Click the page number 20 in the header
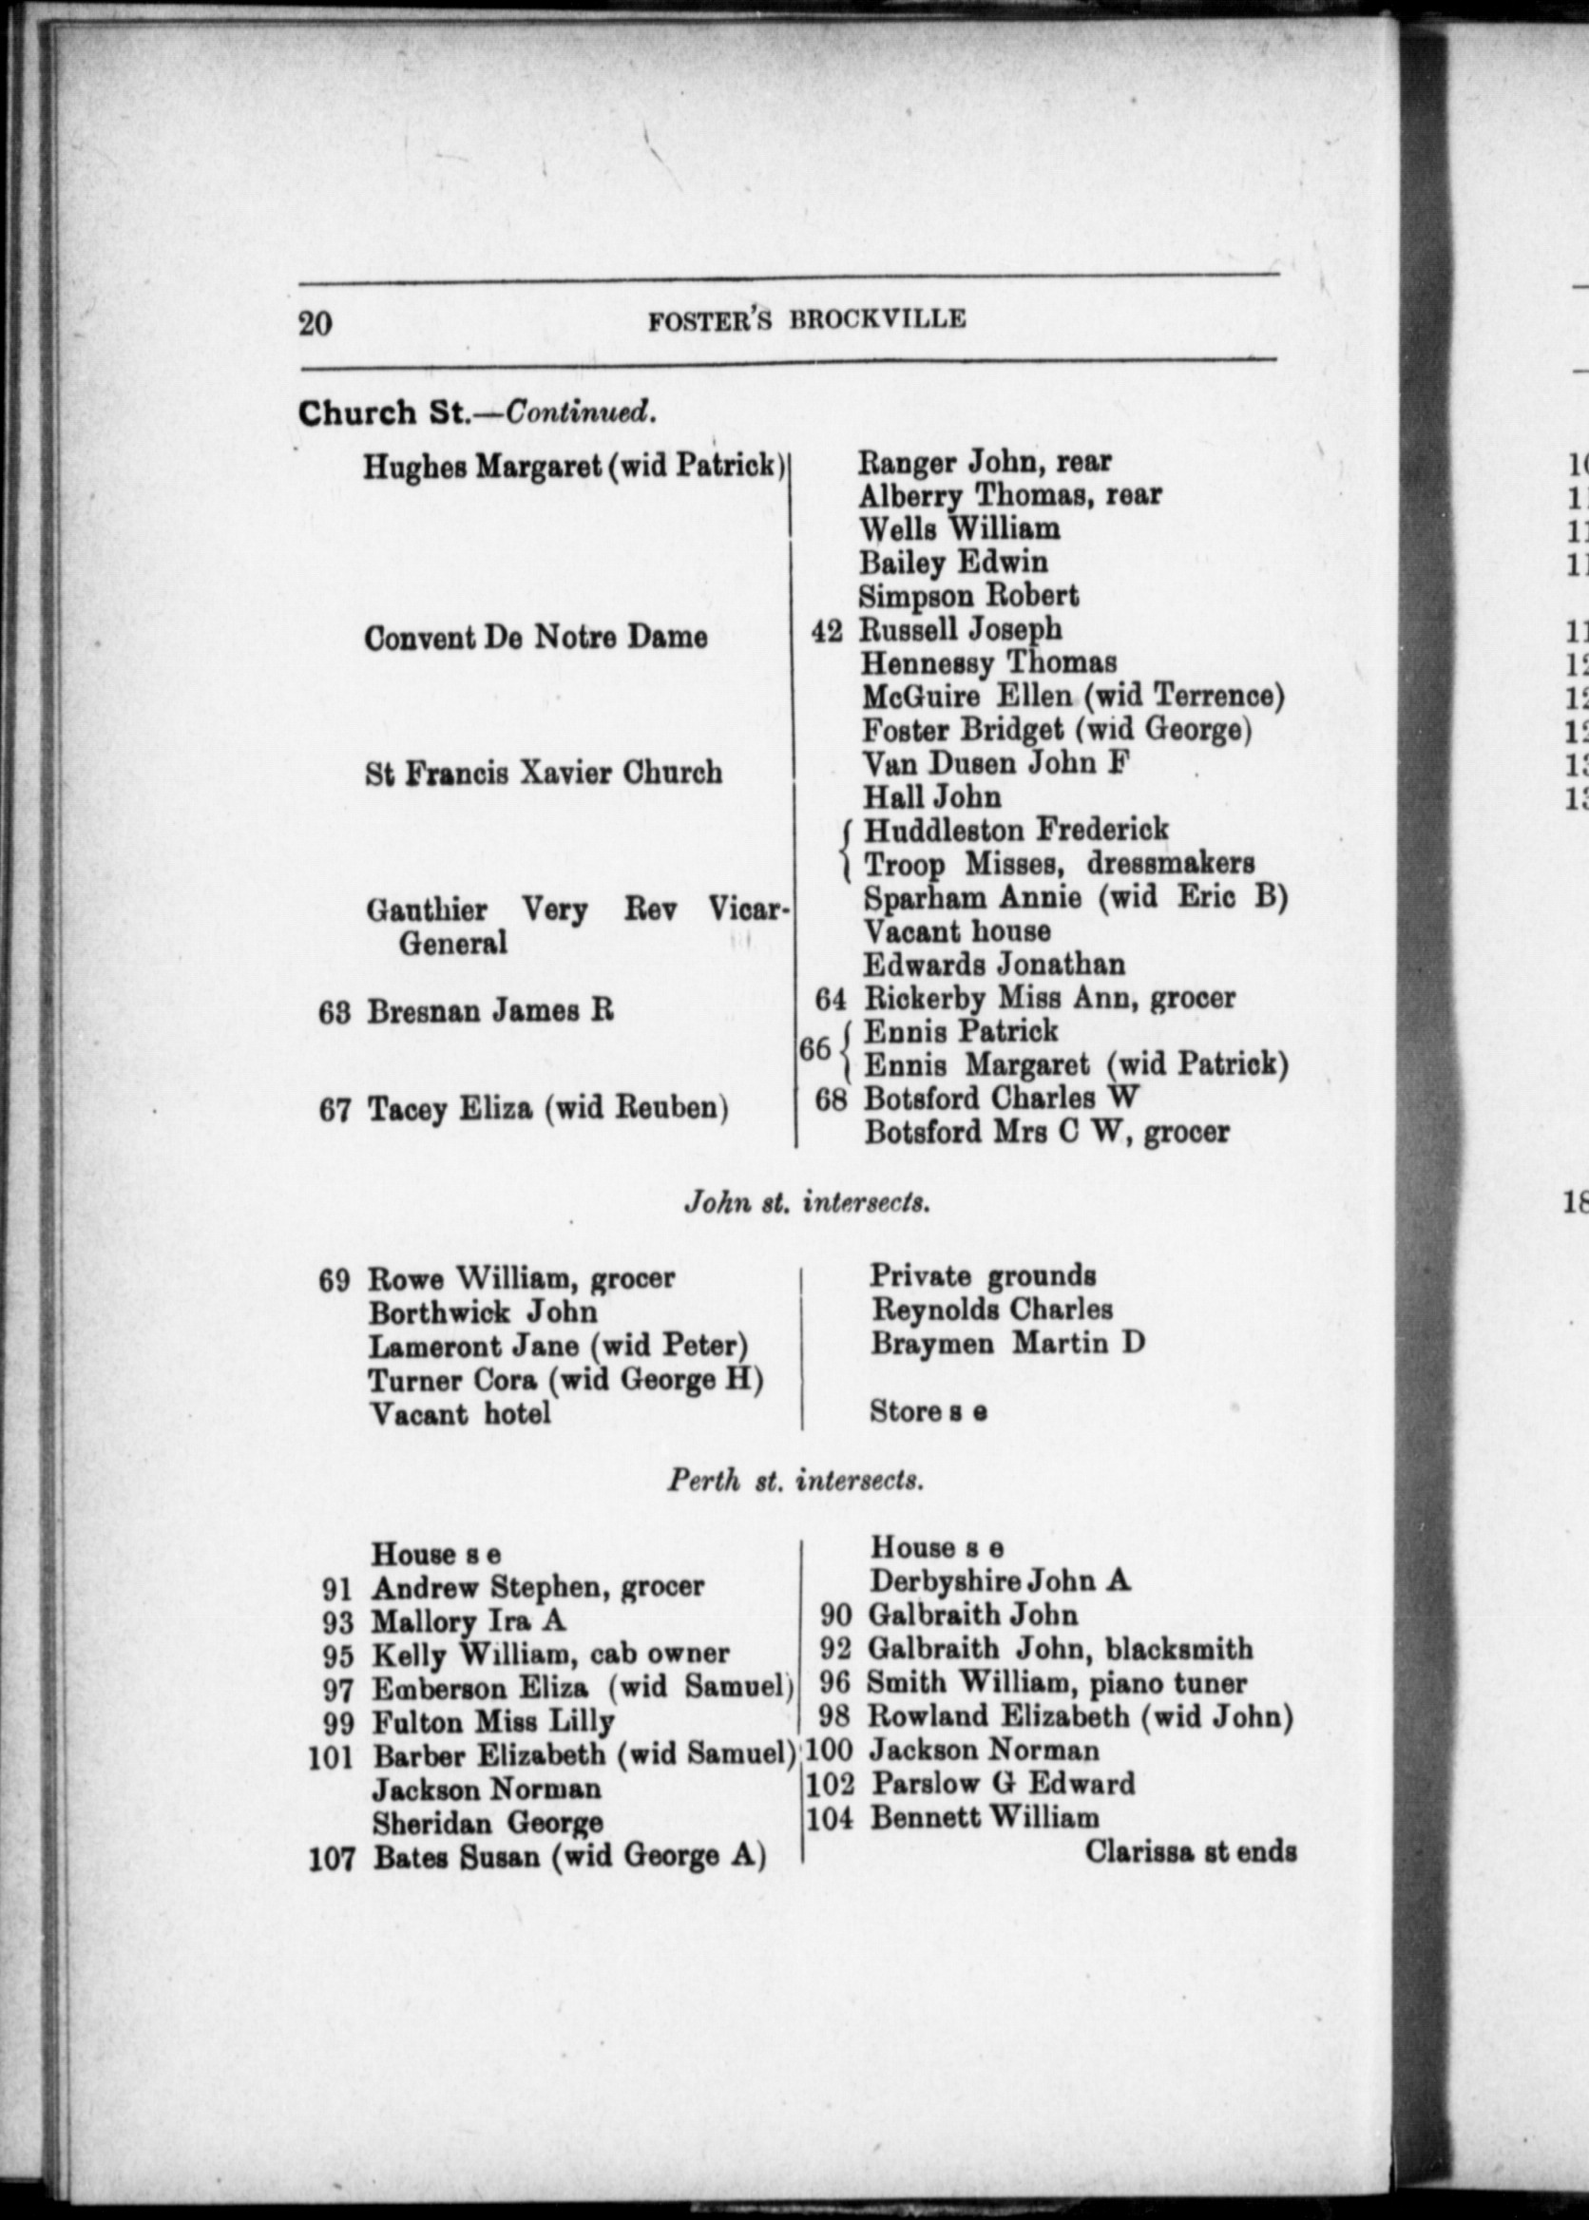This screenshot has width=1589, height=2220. coord(316,322)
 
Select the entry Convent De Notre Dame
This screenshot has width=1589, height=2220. coord(535,638)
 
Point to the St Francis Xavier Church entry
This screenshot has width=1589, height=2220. coord(543,773)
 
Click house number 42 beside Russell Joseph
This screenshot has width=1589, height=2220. coord(827,631)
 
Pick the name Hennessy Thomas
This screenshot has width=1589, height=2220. coord(988,663)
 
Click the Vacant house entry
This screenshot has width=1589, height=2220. coord(957,930)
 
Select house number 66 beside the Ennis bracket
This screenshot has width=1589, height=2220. coord(814,1049)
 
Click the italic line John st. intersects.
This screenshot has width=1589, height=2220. coord(806,1202)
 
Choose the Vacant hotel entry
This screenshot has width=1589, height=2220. coord(460,1414)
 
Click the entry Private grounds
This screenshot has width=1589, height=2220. coord(983,1277)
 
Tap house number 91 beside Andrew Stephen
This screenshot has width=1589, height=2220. coord(336,1588)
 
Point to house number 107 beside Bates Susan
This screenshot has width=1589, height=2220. coord(331,1857)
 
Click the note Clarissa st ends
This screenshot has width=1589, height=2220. coord(1190,1851)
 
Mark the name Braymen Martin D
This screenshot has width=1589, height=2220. coord(1006,1344)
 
